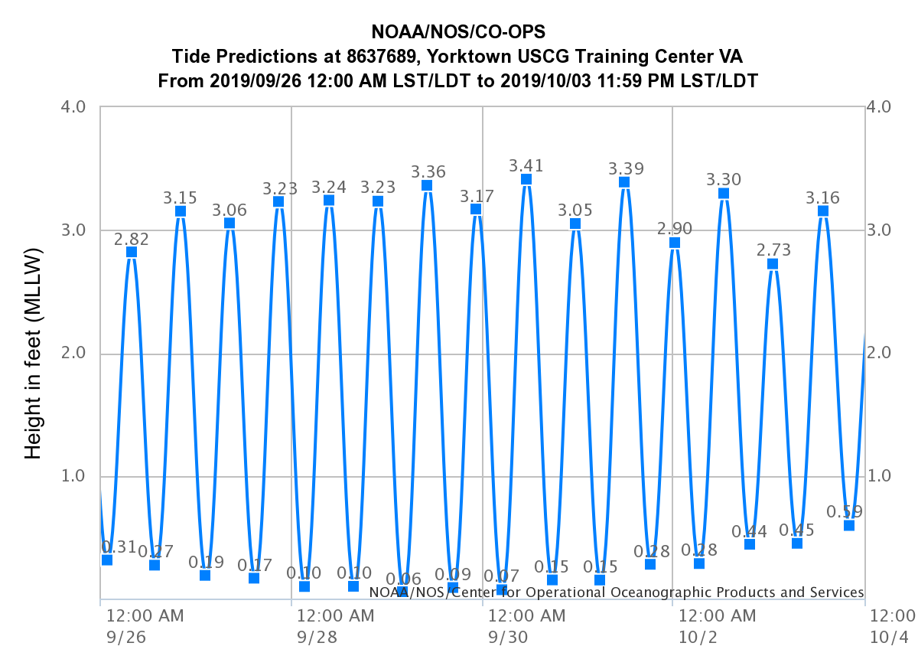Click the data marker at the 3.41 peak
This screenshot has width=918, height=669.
tap(526, 180)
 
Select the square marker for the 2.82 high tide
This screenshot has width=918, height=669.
tap(132, 252)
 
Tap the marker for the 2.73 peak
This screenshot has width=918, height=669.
tap(773, 264)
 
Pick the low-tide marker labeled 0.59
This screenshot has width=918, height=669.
tap(849, 525)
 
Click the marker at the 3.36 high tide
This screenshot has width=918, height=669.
tap(427, 185)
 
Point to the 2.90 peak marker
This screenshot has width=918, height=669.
tap(675, 243)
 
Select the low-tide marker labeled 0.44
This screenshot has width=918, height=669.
tap(750, 544)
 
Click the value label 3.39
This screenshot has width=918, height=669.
tap(626, 168)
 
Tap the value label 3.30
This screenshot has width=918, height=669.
tap(723, 180)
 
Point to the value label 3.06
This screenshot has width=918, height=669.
tap(229, 210)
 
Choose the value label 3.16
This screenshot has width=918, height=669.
tap(822, 198)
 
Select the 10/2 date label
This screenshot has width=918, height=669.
tap(696, 638)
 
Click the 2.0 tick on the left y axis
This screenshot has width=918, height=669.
tap(80, 354)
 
